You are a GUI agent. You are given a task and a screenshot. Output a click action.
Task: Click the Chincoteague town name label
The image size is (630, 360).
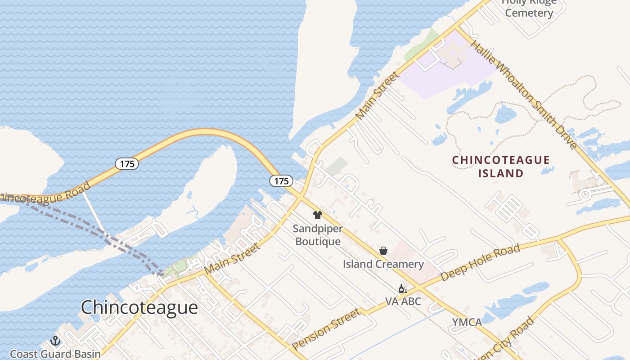[x=139, y=307]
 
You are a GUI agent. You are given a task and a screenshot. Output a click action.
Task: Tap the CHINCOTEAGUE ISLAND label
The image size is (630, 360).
[x=500, y=166]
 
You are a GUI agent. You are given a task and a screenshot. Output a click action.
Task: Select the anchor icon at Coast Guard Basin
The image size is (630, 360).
[x=55, y=341]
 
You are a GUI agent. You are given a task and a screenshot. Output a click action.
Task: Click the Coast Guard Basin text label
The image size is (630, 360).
[x=55, y=354]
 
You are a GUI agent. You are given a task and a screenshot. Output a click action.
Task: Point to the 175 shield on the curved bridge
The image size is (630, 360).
[x=127, y=164]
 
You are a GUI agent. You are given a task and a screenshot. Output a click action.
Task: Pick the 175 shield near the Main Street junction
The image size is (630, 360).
[x=281, y=181]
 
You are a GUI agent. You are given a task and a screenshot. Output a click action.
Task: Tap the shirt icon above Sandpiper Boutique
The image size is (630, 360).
[x=318, y=215]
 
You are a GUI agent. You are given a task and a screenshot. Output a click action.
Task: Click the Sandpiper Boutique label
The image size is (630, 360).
[x=318, y=235]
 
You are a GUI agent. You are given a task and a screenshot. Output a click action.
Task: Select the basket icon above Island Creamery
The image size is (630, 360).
[x=383, y=251]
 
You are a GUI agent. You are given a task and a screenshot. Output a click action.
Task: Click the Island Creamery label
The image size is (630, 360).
[x=383, y=264]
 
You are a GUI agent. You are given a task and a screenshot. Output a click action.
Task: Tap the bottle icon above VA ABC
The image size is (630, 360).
[x=403, y=288]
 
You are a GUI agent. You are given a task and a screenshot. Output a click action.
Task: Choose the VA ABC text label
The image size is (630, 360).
[x=403, y=301]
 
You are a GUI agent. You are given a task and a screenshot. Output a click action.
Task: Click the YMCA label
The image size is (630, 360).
[x=467, y=322]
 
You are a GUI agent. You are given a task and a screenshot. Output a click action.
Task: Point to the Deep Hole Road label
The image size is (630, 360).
[x=480, y=262]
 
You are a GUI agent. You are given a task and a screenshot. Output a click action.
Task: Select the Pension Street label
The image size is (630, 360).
[x=327, y=328]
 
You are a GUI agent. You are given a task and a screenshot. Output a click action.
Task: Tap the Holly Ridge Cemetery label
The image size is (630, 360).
[x=529, y=8]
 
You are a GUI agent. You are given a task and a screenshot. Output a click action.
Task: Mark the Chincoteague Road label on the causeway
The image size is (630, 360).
[x=43, y=194]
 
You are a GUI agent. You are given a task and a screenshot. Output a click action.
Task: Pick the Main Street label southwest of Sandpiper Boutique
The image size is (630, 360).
[x=232, y=259]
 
